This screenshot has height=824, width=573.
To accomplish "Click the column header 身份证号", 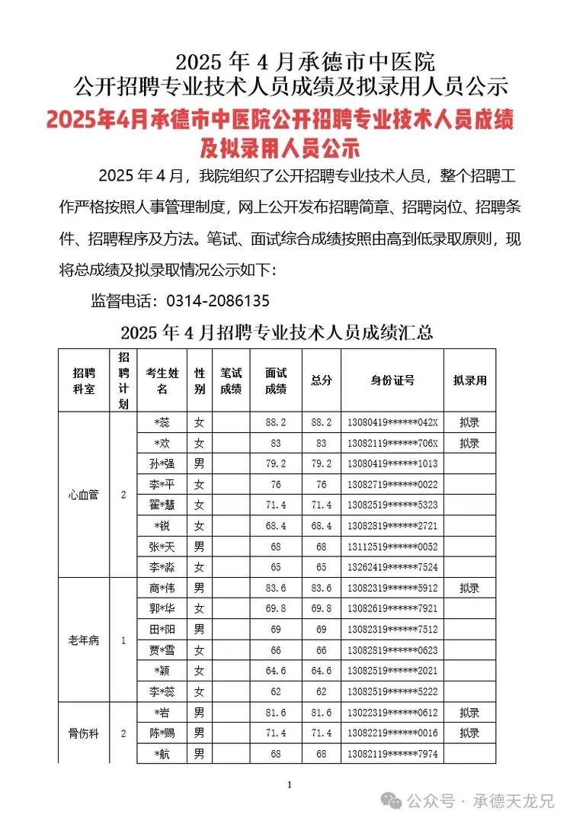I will (x=392, y=380).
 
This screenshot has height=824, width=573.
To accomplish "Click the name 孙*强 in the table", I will (x=162, y=463).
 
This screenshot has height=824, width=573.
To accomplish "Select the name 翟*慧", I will (x=162, y=505).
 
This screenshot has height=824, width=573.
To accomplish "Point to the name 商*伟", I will (x=162, y=588).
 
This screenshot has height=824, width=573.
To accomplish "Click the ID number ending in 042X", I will (x=392, y=422).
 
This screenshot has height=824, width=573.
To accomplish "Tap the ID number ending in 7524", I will (x=392, y=567).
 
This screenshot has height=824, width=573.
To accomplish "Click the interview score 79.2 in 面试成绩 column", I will (x=275, y=463).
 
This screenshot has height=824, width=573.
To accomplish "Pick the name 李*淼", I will (x=162, y=567).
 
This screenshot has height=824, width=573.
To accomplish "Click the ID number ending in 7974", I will (x=392, y=754).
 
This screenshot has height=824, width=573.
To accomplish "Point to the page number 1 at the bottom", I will (x=289, y=784).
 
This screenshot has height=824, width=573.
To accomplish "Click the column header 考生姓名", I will (x=162, y=380).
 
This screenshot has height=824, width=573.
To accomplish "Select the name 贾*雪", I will (x=162, y=650).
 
